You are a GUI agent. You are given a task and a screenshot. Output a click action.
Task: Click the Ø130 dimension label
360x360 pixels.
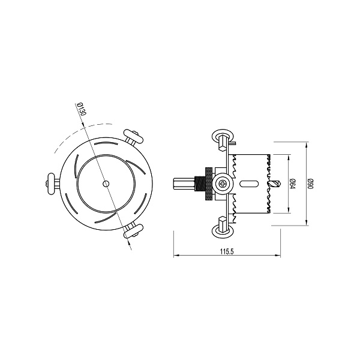82,112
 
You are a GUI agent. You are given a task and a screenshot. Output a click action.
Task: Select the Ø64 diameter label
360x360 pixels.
292,184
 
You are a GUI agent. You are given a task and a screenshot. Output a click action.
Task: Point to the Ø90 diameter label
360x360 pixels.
310,184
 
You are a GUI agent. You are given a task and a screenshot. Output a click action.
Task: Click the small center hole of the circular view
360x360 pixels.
106,184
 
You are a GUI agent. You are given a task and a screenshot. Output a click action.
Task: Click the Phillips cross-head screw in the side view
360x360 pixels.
223,184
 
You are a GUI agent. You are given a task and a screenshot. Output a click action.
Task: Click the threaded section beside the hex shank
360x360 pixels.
197,184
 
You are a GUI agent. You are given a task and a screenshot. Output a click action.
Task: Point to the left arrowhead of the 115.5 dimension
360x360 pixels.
176,257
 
